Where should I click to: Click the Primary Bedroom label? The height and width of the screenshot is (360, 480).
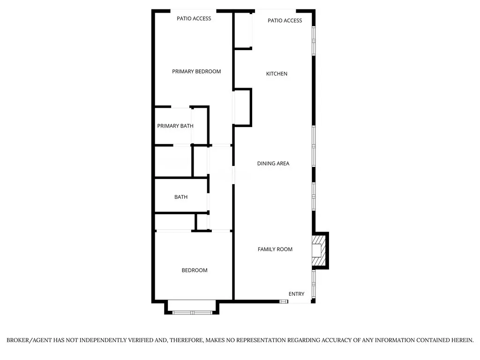click(196, 71)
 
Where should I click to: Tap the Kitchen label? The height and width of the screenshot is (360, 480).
click(277, 74)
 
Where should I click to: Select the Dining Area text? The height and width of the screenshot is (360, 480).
click(273, 164)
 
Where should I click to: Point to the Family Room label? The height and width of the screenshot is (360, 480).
click(275, 249)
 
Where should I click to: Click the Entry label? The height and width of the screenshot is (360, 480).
click(296, 294)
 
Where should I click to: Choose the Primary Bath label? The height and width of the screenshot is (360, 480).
click(175, 126)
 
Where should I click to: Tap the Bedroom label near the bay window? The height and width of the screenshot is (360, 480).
click(195, 270)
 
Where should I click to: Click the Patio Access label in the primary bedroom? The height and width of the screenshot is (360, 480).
click(194, 19)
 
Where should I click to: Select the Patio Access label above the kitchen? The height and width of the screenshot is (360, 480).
click(285, 21)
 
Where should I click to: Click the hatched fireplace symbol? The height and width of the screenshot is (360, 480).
click(318, 250)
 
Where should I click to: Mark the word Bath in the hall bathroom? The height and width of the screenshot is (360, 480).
click(181, 197)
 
